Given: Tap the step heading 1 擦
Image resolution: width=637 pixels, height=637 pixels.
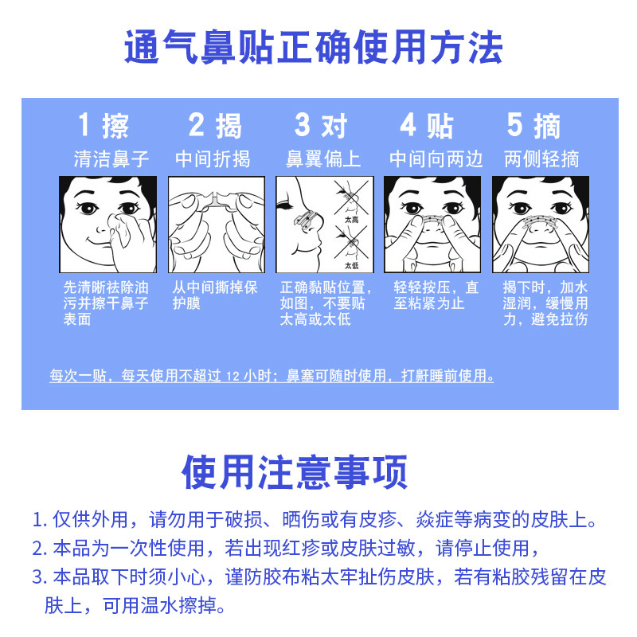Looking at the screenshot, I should coord(104,126).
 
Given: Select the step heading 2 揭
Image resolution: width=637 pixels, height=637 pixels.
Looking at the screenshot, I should coord(215,126).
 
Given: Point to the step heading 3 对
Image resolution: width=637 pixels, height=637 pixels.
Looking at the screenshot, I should coord(322,126).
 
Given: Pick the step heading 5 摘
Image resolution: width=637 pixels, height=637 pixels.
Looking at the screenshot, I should coord(534,126).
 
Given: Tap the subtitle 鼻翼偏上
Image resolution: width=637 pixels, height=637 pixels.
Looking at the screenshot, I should coord(323,158).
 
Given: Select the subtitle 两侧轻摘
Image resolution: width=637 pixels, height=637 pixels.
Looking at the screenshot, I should coord(541,158).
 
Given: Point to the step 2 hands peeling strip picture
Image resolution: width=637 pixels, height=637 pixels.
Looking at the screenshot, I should coord(216,225).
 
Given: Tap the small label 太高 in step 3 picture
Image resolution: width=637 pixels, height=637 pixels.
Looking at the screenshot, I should coord(351,217).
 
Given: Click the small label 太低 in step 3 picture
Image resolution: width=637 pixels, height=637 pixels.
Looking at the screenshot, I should coord(351,265).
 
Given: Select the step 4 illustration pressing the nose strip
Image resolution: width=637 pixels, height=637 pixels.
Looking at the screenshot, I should coord(432,225).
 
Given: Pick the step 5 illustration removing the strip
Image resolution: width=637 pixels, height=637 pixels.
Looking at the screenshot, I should coord(541,225).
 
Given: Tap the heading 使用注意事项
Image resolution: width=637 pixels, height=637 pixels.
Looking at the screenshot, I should coord(295,472).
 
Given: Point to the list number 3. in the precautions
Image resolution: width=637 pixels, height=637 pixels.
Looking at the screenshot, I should coord(40,576).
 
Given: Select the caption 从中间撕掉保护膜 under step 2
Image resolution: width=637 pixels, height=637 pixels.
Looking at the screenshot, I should coord(215,295).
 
